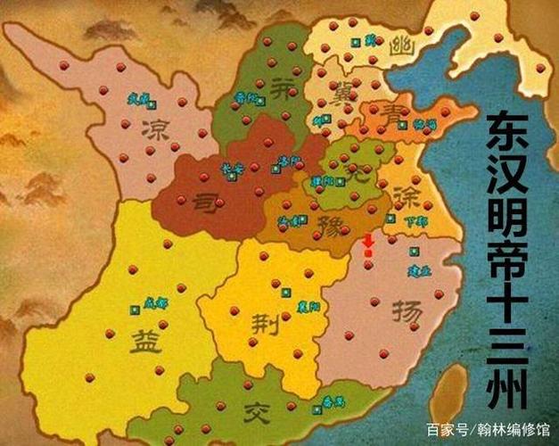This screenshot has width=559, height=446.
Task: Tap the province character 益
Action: click(x=145, y=340)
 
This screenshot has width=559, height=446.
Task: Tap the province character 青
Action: click(x=380, y=113)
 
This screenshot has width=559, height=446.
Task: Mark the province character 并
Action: click(x=284, y=89)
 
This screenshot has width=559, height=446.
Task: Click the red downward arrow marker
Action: click(x=369, y=242)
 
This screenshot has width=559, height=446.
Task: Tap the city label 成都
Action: click(x=156, y=302)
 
